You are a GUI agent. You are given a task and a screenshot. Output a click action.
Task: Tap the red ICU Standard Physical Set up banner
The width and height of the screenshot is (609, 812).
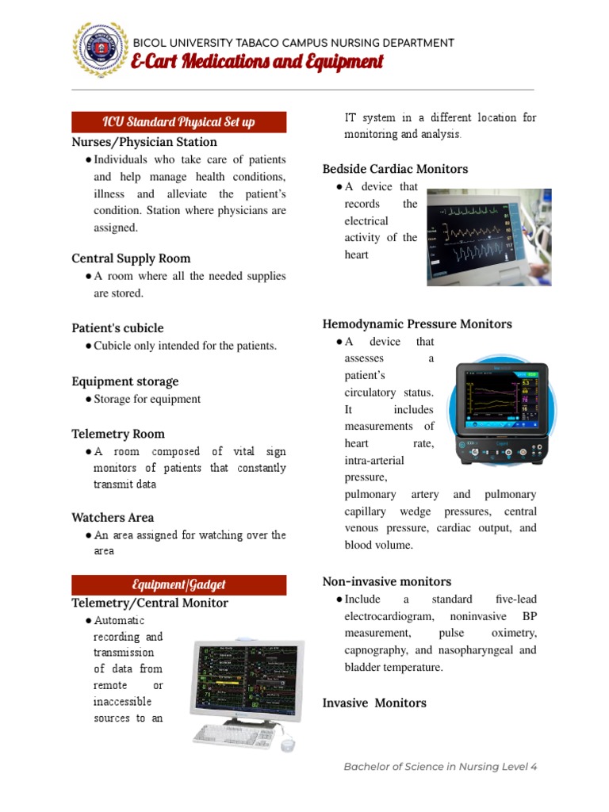click(x=179, y=122)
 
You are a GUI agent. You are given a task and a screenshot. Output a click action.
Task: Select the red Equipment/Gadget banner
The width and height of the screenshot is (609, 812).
click(x=179, y=584)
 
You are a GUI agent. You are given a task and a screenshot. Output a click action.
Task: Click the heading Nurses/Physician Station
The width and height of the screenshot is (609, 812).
click(x=144, y=142)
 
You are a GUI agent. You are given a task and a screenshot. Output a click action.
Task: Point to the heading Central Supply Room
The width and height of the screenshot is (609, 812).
click(x=131, y=259)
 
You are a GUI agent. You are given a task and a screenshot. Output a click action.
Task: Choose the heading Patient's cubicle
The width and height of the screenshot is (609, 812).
click(x=117, y=328)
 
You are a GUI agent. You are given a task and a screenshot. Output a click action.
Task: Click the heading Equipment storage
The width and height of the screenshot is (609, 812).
click(x=125, y=381)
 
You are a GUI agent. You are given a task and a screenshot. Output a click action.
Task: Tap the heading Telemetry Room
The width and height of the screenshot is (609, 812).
click(x=118, y=434)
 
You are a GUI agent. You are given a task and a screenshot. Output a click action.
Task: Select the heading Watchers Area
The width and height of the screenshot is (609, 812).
click(x=113, y=518)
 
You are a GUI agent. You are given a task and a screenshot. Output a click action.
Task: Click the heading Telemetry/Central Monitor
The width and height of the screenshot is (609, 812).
click(x=150, y=603)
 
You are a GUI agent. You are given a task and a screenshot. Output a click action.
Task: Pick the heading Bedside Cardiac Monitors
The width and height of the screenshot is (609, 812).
click(x=395, y=169)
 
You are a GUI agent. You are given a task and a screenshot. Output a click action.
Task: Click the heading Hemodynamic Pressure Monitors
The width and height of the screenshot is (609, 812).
click(x=417, y=324)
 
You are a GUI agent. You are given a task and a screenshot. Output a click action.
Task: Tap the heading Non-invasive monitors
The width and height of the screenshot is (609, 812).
click(x=387, y=581)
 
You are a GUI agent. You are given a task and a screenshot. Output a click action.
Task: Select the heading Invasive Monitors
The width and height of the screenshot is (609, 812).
click(x=374, y=703)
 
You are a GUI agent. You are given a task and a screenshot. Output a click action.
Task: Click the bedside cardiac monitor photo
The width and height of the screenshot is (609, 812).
click(x=488, y=236)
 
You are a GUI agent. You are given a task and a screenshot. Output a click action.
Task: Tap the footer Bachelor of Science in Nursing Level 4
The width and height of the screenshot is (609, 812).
click(x=440, y=767)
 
